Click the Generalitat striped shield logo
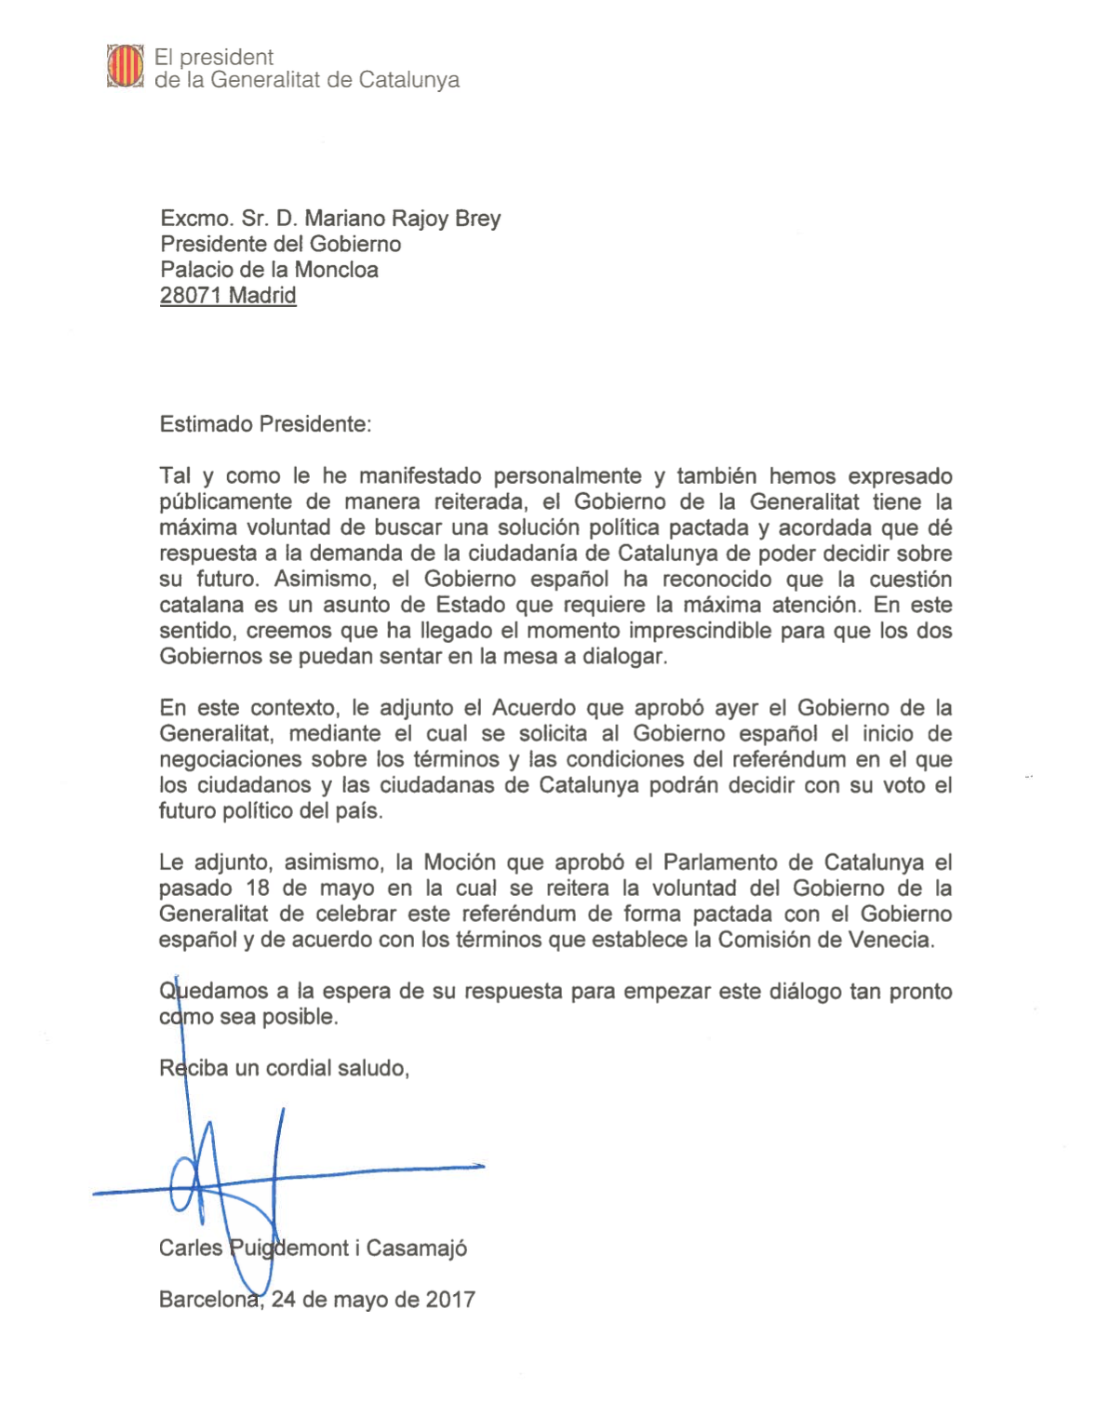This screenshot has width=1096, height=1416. (x=125, y=66)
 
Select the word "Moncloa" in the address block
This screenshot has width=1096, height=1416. (x=336, y=270)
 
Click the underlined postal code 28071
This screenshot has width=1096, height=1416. (x=191, y=296)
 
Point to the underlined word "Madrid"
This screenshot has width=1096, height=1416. (x=262, y=296)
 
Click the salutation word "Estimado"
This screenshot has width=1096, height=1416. (x=206, y=424)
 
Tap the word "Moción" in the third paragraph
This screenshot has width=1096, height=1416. (x=459, y=862)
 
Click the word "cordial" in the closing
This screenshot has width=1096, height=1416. (x=301, y=1068)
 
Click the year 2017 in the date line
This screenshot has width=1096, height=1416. (x=450, y=1300)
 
